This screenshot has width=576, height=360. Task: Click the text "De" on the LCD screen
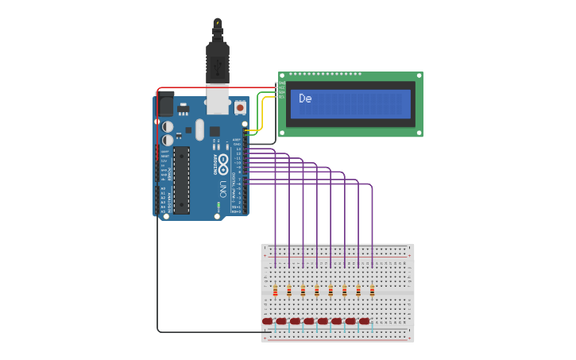tap(305, 99)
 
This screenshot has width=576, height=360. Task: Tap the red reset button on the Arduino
tap(240, 107)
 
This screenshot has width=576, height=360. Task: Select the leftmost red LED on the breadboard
tap(268, 321)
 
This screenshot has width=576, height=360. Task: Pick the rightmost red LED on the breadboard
tap(365, 321)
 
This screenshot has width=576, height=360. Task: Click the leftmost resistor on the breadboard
tap(275, 291)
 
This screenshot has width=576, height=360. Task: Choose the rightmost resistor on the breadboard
tap(372, 291)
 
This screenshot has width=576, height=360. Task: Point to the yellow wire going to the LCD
tap(263, 111)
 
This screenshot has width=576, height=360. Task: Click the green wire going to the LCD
tap(259, 107)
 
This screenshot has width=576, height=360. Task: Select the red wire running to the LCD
tap(215, 87)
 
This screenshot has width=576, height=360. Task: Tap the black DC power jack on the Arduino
tap(165, 105)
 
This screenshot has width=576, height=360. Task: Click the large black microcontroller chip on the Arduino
tap(182, 180)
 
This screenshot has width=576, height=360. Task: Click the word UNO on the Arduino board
tap(223, 189)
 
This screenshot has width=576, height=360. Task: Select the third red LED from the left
tap(296, 321)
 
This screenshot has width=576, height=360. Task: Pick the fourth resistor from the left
tap(316, 291)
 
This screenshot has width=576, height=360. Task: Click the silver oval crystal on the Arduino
tap(199, 130)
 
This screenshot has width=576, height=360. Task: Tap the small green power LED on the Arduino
tap(218, 205)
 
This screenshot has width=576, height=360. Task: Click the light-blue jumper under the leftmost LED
tap(275, 327)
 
